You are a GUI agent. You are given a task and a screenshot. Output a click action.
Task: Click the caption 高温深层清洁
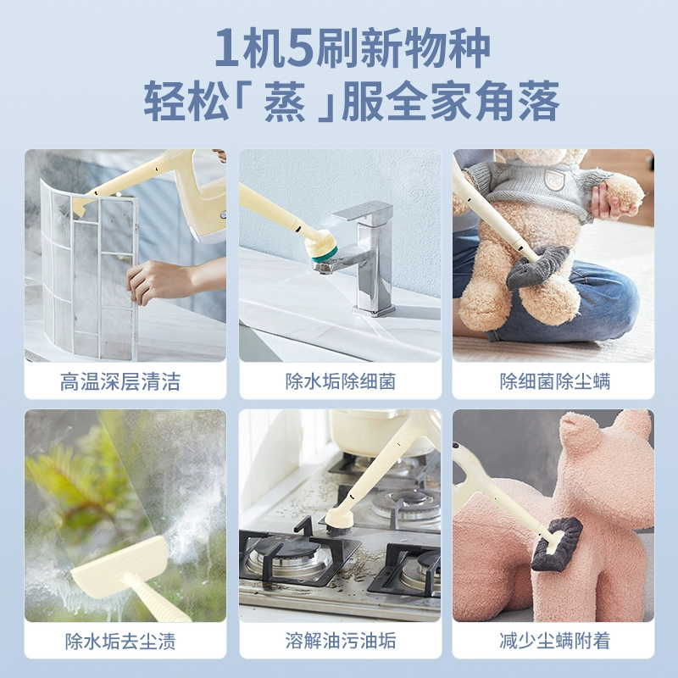[x=120, y=381]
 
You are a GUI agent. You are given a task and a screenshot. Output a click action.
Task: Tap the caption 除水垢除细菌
[x=341, y=381]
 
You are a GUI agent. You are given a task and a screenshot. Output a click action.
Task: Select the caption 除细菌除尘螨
[x=555, y=381]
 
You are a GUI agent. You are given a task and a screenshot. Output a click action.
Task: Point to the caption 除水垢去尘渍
[x=120, y=641]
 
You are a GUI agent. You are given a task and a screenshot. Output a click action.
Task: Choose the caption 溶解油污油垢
[x=341, y=641]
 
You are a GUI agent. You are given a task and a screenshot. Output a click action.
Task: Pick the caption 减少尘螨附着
[x=555, y=641]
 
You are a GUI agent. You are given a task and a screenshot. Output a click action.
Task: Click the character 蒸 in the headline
[x=285, y=102]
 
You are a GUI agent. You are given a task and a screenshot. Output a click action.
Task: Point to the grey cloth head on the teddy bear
[x=537, y=267]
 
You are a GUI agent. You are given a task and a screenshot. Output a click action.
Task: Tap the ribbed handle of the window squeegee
[x=157, y=599]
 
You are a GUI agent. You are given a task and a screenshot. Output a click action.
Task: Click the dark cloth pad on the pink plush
[x=557, y=544]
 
